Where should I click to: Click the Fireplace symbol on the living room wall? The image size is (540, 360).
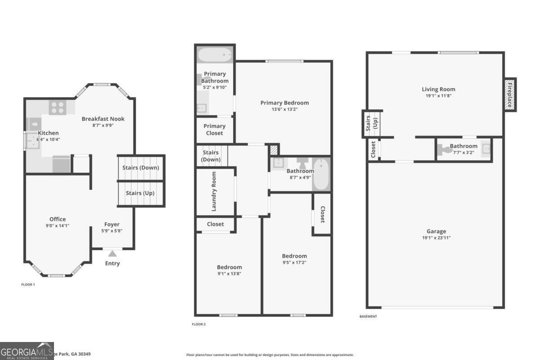point(510,94)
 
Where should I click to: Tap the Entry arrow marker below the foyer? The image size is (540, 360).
point(112,254)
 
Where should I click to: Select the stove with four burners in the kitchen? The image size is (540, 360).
point(58,108)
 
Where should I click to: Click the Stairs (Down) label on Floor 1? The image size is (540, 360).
point(141,168)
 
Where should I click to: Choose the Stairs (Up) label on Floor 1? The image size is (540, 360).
point(140,193)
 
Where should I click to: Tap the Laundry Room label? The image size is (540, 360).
point(214,191)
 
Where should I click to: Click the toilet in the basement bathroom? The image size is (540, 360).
point(445,148)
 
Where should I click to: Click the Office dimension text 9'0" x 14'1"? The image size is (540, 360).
point(58,225)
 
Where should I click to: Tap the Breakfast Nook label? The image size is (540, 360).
point(103,119)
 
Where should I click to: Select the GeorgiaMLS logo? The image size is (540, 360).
point(27,351)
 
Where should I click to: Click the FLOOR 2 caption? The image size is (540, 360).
point(198,324)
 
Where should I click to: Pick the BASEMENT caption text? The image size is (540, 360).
point(368,316)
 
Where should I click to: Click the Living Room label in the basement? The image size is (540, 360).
point(438,89)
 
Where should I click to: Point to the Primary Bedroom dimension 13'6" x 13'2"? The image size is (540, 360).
point(284,109)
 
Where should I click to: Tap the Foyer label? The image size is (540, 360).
point(112,224)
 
